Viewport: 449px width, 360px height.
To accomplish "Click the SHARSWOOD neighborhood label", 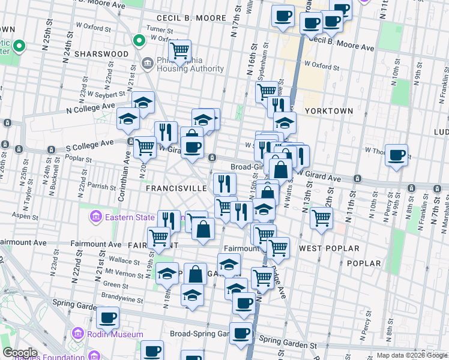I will coord(101,54).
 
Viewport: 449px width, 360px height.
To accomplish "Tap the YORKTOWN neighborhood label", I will coord(329,111).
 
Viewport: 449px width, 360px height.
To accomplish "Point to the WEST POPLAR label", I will coord(329,248).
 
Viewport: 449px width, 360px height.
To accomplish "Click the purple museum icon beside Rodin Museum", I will coord(78,334).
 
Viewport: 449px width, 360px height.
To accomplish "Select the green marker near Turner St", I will coord(139,41).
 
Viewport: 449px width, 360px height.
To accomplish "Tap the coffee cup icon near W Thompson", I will coord(396,155).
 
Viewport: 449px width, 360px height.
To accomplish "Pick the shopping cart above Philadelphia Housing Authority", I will coord(179,51).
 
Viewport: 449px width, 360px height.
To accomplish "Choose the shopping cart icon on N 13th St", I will coord(322,218).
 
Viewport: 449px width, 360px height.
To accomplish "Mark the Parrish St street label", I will coord(101,187).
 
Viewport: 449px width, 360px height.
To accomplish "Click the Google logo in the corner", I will coord(19,353).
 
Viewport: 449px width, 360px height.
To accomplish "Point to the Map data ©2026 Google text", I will coord(411,355).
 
